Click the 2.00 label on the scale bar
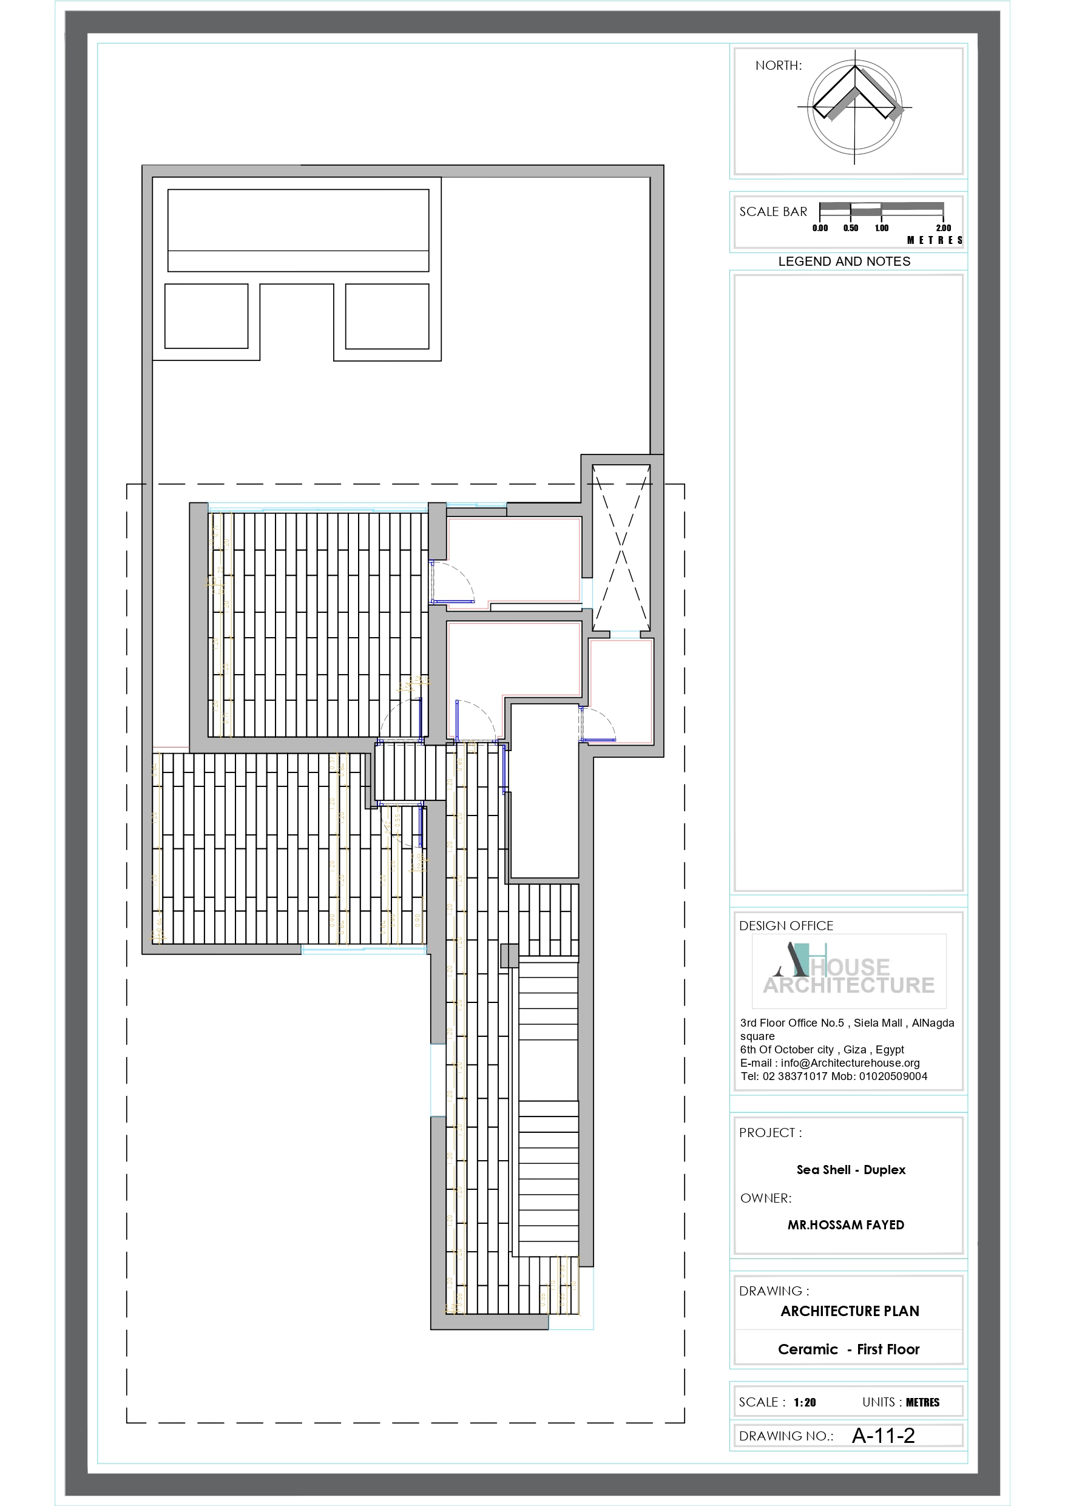coord(943,228)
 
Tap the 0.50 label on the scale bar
coord(850,228)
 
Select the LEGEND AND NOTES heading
coord(844,261)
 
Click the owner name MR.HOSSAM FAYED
coord(845,1224)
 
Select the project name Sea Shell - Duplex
coord(850,1169)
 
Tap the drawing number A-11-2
coord(882,1436)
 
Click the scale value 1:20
coord(804,1402)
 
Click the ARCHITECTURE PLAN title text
coord(849,1311)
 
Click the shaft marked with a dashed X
coord(621,548)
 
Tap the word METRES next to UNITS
coord(922,1402)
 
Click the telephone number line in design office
coord(833,1076)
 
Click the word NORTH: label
coord(778,66)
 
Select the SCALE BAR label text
coord(773,212)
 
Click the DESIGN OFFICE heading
coord(785,925)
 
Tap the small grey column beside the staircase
coord(509,955)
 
